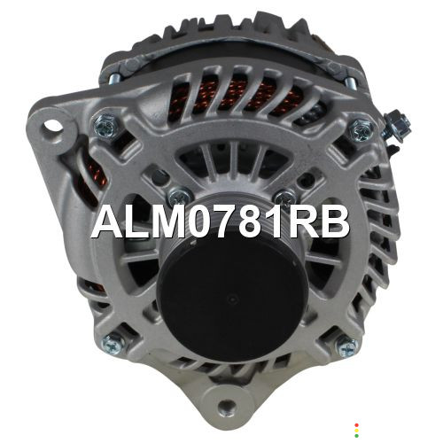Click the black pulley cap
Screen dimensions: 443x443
pos(232,299)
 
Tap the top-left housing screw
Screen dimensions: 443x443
pos(105,125)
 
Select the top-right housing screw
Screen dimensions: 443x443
pos(360,130)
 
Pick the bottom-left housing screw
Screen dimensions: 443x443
pos(113,343)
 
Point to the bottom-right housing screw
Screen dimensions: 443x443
pos(347,346)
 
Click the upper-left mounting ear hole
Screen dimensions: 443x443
pos(53,127)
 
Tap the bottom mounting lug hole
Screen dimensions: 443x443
pos(227,407)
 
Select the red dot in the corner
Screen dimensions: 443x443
pos(357,425)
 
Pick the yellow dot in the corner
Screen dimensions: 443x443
pos(357,431)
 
